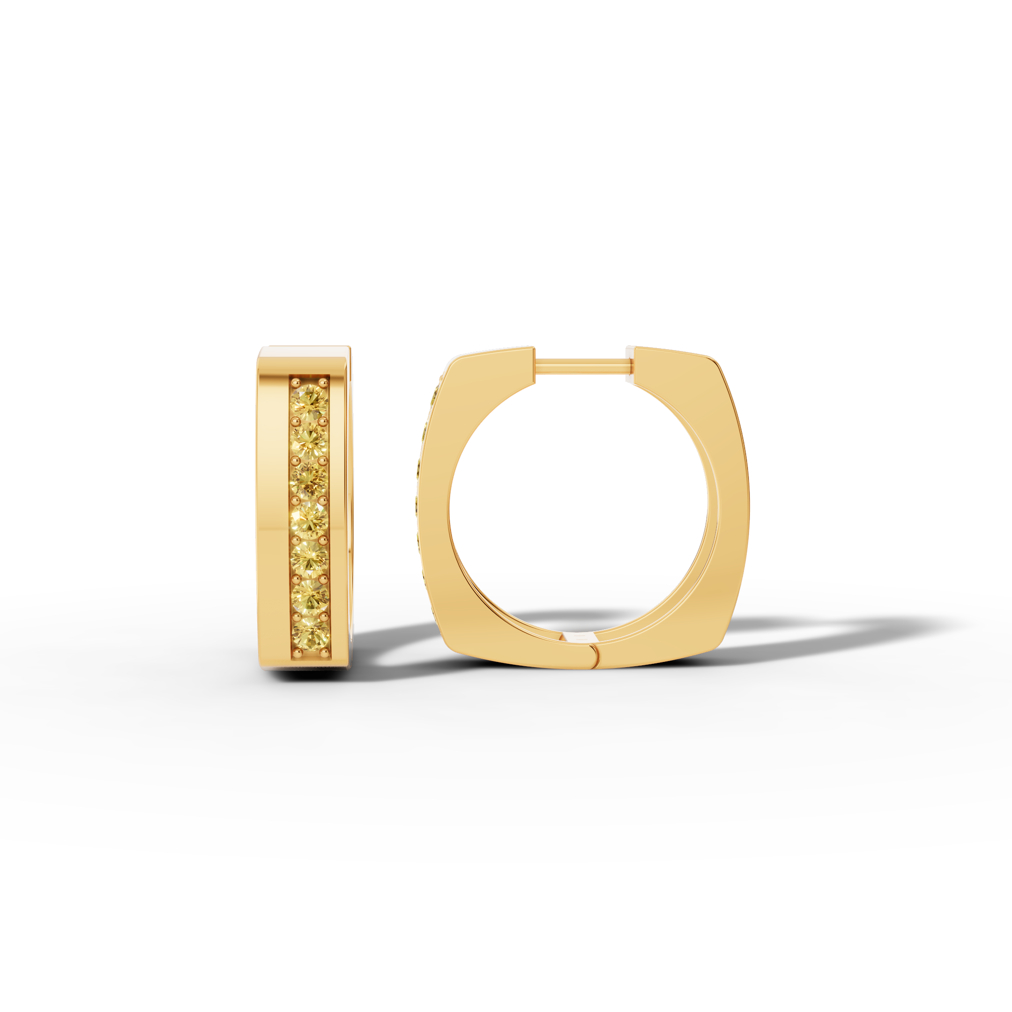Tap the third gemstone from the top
click(309, 478)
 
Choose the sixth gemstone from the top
click(309, 594)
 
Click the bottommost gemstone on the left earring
click(309, 633)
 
